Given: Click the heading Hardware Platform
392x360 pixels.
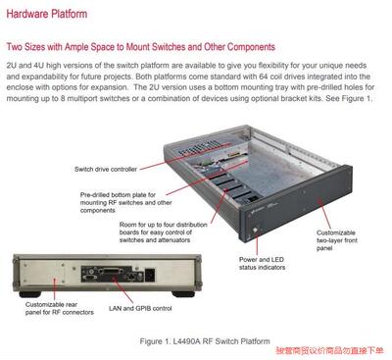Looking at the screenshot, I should [47, 15].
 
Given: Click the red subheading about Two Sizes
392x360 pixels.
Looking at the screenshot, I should [140, 47].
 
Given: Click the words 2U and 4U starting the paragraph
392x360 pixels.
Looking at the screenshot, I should [27, 65].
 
